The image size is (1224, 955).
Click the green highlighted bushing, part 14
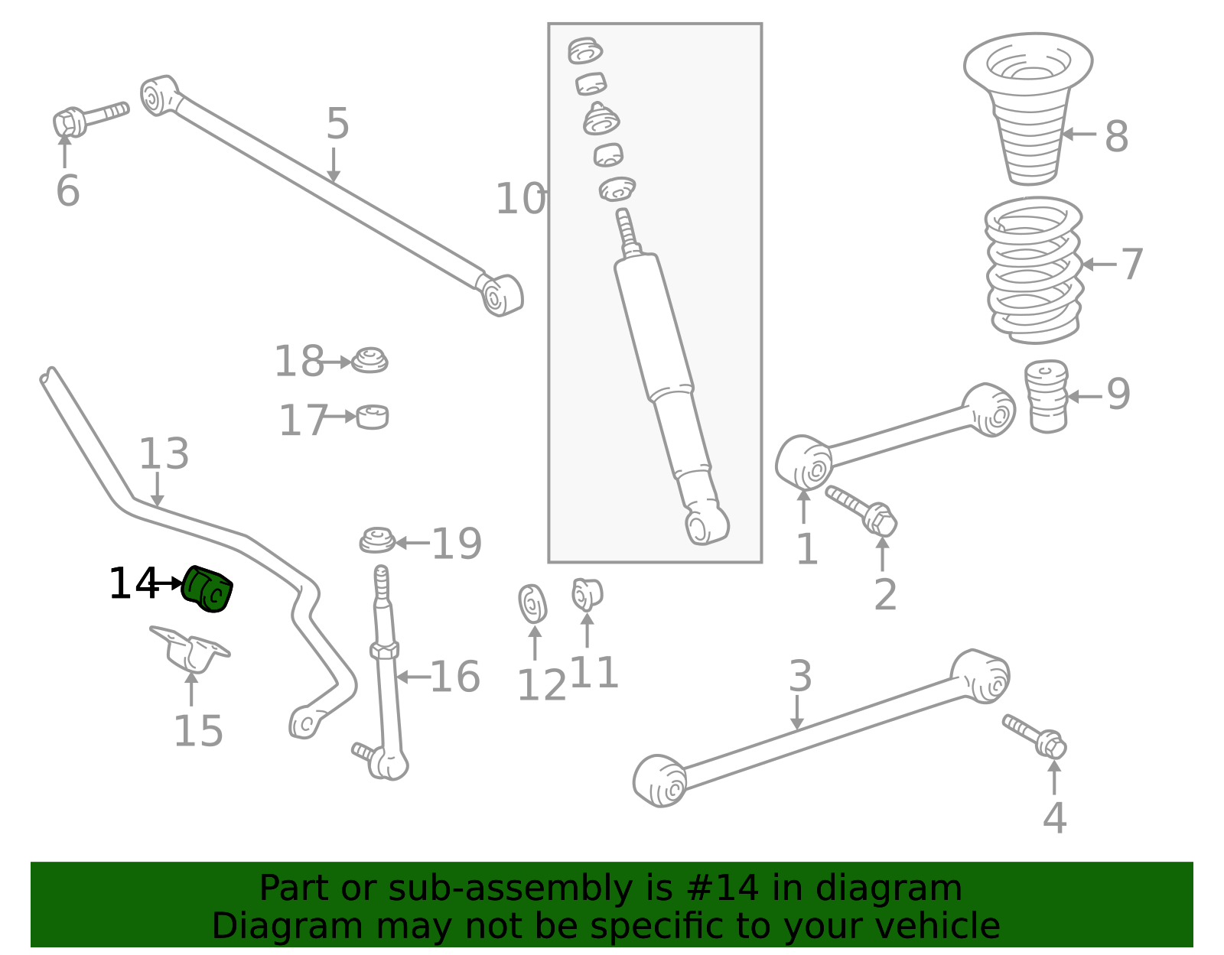[x=207, y=590]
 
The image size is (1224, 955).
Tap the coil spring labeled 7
[x=1034, y=270]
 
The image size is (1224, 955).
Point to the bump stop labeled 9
[x=1047, y=396]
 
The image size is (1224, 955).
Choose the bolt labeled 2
[x=862, y=511]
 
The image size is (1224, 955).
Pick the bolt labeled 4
[x=1034, y=736]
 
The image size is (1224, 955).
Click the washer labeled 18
[x=369, y=360]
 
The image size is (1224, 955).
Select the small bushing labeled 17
[x=373, y=417]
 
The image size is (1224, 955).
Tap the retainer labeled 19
[x=377, y=541]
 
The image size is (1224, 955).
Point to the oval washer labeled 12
[x=532, y=604]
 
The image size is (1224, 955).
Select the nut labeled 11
[x=587, y=594]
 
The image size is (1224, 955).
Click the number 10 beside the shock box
[x=520, y=199]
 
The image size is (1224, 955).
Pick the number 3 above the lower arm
[x=800, y=676]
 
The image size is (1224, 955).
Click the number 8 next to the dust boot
[x=1116, y=136]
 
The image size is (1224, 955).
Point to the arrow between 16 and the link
[x=413, y=677]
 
